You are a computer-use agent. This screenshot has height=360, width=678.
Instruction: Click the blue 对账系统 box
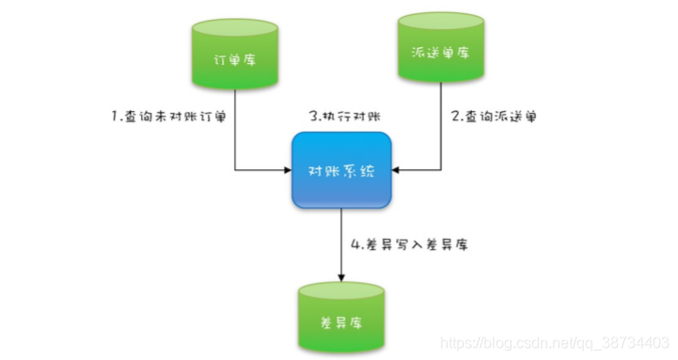pyautogui.click(x=339, y=171)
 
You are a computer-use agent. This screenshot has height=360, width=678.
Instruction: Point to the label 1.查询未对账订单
pyautogui.click(x=168, y=117)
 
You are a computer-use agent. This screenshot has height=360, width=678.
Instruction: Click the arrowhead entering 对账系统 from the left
pyautogui.click(x=286, y=171)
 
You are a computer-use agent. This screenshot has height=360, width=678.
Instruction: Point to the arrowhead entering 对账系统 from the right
pyautogui.click(x=394, y=171)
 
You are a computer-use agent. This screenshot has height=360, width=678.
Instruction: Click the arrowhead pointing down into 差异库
pyautogui.click(x=339, y=278)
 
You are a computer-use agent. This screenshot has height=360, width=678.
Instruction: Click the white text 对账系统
pyautogui.click(x=339, y=172)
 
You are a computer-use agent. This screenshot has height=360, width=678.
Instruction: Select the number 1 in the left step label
pyautogui.click(x=113, y=117)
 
